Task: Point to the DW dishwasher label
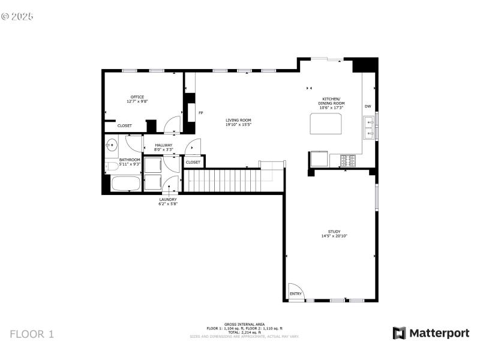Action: click(368, 107)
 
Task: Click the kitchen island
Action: click(325, 124)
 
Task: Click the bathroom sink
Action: click(112, 144)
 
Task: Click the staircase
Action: click(222, 180)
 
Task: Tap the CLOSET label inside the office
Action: click(125, 125)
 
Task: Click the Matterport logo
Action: click(431, 333)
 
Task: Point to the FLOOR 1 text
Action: click(32, 334)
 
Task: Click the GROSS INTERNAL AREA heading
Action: click(244, 324)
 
